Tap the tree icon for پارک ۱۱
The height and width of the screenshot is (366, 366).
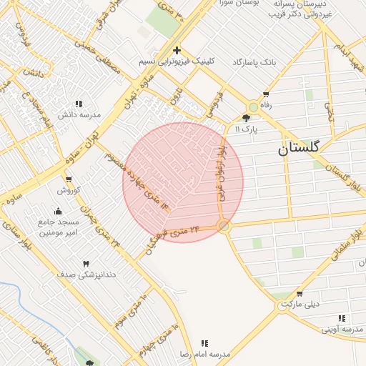click(247, 118)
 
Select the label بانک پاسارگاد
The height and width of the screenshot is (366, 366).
click(254, 63)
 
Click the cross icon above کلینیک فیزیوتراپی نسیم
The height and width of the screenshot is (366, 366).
click(177, 50)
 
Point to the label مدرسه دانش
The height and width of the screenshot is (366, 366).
click(79, 114)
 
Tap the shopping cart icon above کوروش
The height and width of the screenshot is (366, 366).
click(69, 179)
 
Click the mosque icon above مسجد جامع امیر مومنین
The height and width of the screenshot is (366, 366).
click(58, 211)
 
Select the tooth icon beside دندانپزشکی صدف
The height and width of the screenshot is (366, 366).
click(87, 264)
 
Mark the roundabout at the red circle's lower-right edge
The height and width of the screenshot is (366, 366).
click(224, 226)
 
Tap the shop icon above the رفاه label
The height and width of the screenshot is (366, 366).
click(267, 94)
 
